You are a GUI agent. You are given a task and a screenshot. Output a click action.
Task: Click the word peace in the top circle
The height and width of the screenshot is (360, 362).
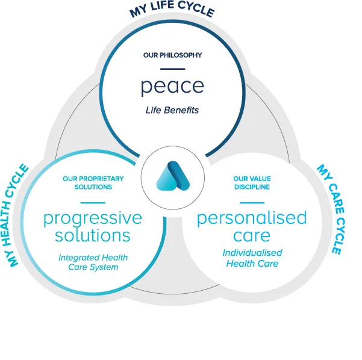(x=172, y=87)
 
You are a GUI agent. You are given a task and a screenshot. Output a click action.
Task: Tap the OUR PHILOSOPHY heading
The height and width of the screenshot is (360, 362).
(x=172, y=55)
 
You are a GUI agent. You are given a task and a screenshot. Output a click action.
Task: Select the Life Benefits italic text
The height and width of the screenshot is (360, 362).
(x=172, y=110)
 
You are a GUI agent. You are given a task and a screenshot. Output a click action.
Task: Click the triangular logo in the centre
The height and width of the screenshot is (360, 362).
(x=173, y=176)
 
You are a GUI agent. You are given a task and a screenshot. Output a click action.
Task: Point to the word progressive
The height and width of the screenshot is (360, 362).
(x=93, y=219)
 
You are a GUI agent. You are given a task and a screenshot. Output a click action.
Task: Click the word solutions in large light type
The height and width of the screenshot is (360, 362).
(x=93, y=235)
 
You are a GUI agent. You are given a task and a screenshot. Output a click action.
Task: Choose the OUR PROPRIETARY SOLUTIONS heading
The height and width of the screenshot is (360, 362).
(x=93, y=183)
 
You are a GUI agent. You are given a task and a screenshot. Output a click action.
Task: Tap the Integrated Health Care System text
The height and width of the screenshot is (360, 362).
(x=93, y=262)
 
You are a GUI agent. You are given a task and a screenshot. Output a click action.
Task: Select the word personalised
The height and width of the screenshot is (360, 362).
(x=252, y=219)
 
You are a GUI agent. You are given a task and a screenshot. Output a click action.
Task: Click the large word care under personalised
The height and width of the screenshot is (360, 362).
(x=252, y=236)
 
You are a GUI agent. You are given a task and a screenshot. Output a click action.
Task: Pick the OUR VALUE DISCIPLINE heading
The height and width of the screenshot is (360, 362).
(x=252, y=183)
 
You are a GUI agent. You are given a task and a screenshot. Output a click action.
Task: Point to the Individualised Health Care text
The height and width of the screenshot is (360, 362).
(x=252, y=258)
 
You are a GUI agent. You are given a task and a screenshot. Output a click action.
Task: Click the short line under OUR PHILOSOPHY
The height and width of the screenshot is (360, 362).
(x=173, y=69)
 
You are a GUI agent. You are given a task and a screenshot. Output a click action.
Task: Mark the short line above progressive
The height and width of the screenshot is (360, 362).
(x=93, y=203)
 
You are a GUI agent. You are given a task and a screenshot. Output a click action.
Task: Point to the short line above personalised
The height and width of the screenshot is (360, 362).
(x=252, y=203)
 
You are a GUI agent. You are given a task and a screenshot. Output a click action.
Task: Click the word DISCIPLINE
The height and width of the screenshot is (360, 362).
(x=252, y=187)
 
